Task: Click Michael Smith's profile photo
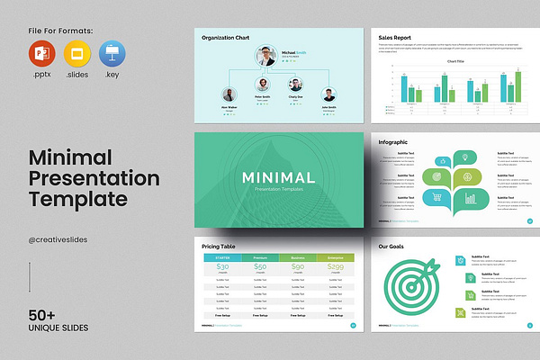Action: click(x=266, y=57)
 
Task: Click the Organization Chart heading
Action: click(x=226, y=38)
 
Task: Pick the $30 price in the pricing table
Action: click(x=223, y=266)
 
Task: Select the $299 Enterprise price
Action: click(x=335, y=266)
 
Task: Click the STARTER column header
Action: click(x=223, y=257)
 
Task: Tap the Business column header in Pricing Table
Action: click(x=297, y=257)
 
